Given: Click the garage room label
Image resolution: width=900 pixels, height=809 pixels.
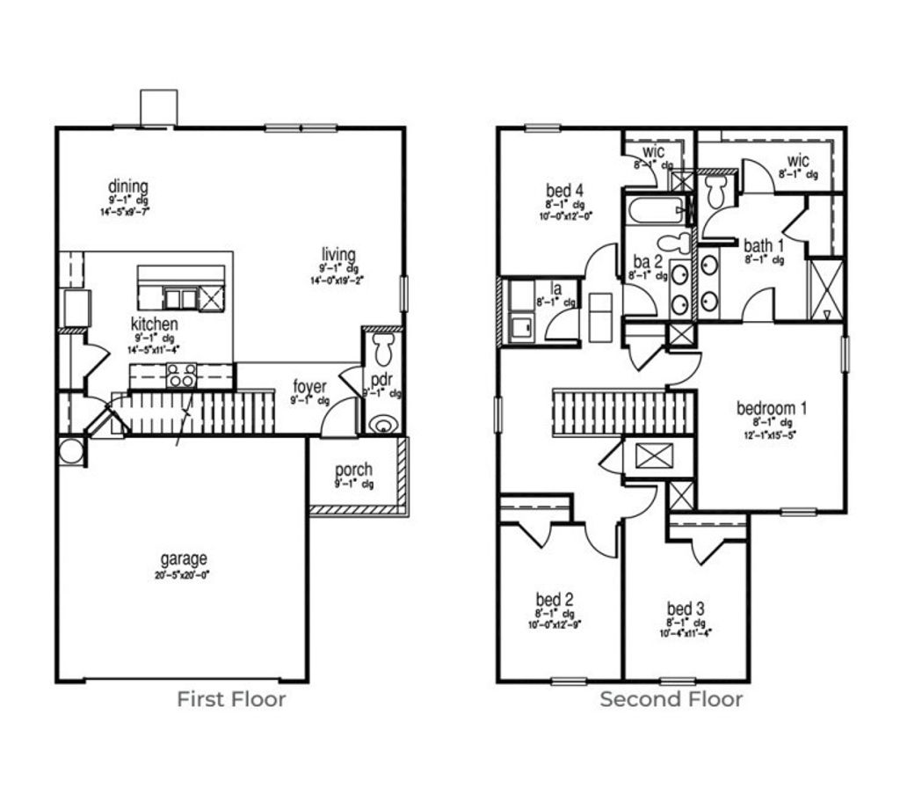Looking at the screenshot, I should [x=184, y=558].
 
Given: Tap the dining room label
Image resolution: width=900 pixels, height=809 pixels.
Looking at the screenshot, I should [x=128, y=186].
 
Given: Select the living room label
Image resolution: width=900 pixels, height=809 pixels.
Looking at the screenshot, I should [x=338, y=255].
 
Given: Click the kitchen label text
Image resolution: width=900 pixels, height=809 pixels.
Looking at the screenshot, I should [x=155, y=324].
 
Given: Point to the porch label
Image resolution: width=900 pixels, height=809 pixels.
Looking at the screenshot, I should [x=353, y=470].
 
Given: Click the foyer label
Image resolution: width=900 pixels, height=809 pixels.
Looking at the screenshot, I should [x=310, y=387].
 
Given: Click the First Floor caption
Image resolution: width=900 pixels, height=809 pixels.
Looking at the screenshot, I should [x=231, y=700].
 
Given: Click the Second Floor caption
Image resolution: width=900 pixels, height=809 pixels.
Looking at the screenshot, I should [x=671, y=700].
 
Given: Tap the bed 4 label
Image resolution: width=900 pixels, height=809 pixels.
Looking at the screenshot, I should [x=565, y=190].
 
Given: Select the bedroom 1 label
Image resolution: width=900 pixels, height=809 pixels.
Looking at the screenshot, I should [x=772, y=408].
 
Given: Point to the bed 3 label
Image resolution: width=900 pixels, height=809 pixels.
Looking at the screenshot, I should [x=685, y=609].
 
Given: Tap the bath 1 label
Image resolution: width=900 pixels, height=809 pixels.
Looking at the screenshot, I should [x=763, y=245].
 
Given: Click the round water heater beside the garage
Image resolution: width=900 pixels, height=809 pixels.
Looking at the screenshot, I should [x=69, y=452].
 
